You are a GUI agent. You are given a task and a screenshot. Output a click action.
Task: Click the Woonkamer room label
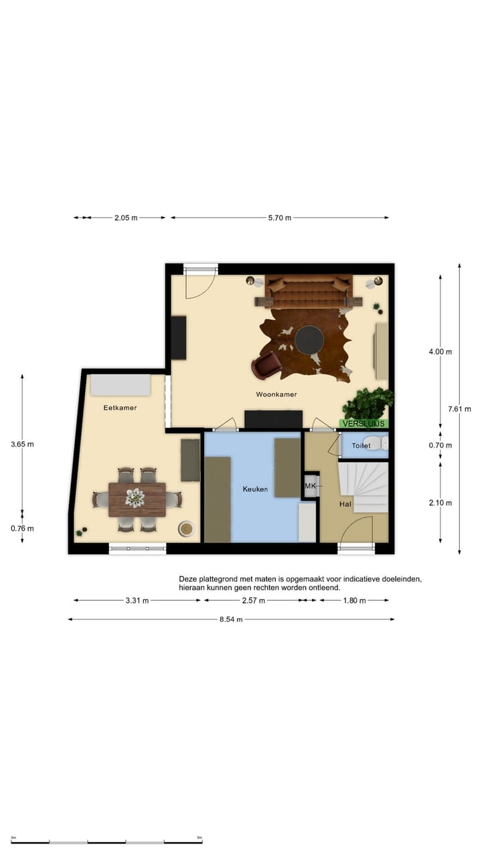pyautogui.click(x=276, y=394)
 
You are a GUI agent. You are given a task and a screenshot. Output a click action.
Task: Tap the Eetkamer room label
pyautogui.click(x=120, y=407)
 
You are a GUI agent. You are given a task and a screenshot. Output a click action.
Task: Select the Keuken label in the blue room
pyautogui.click(x=255, y=489)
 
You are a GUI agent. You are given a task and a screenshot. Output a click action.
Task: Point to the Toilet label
pyautogui.click(x=361, y=445)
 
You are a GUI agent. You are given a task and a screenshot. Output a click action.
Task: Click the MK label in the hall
pyautogui.click(x=310, y=485)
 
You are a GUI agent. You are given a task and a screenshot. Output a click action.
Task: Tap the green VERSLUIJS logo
pyautogui.click(x=364, y=424)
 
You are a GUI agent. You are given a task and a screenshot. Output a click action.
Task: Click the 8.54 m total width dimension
pyautogui.click(x=230, y=619)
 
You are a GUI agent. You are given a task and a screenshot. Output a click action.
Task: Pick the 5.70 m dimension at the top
pyautogui.click(x=279, y=218)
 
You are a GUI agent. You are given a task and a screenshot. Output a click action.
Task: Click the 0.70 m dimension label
pyautogui.click(x=440, y=445)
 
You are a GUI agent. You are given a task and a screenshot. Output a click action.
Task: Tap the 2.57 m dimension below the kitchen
pyautogui.click(x=253, y=601)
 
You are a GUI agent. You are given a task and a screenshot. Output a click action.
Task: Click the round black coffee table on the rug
pyautogui.click(x=309, y=339)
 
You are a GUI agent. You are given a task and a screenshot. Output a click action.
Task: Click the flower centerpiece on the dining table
pyautogui.click(x=135, y=497)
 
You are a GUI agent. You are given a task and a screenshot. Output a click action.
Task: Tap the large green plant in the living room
pyautogui.click(x=368, y=403)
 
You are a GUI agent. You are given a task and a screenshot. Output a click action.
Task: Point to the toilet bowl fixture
pyautogui.click(x=382, y=443)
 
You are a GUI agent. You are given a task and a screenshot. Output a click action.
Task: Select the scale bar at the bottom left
pyautogui.click(x=107, y=842)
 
